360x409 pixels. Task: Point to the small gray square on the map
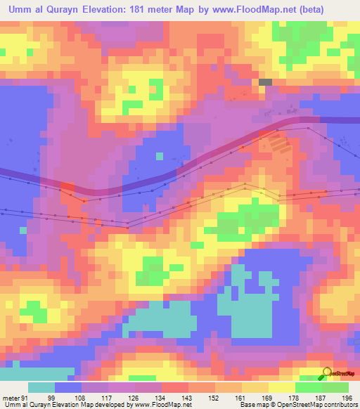click(265, 82)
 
